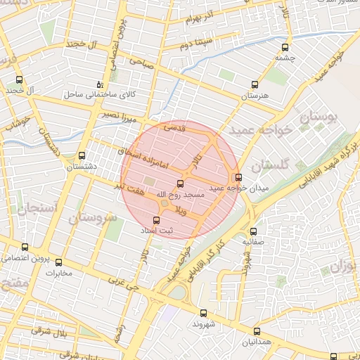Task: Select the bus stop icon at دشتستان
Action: point(82,155)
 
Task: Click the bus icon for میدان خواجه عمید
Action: point(238,177)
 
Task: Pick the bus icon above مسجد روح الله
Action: point(179,184)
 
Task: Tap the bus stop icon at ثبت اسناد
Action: point(156,219)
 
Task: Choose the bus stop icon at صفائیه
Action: point(253,231)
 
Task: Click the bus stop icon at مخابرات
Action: point(58,262)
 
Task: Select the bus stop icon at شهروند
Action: point(204,313)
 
